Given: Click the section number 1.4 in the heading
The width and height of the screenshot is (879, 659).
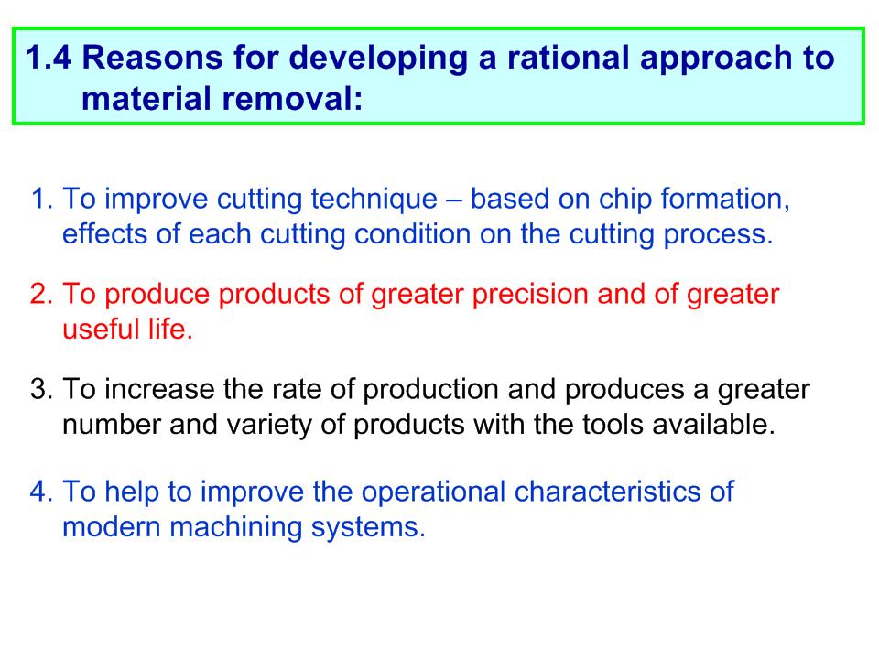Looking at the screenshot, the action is coord(49,58).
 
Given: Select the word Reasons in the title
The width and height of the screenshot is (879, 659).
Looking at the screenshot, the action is coord(153,58).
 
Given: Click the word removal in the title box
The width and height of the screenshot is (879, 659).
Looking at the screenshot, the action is coord(291,99).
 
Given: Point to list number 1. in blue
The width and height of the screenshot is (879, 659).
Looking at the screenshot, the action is coord(42,199).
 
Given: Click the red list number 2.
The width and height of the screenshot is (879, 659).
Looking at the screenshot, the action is coord(41,294).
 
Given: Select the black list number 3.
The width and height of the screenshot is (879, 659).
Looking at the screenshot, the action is coord(41,390).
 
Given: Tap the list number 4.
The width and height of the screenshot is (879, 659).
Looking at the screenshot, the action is coord(41,492).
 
